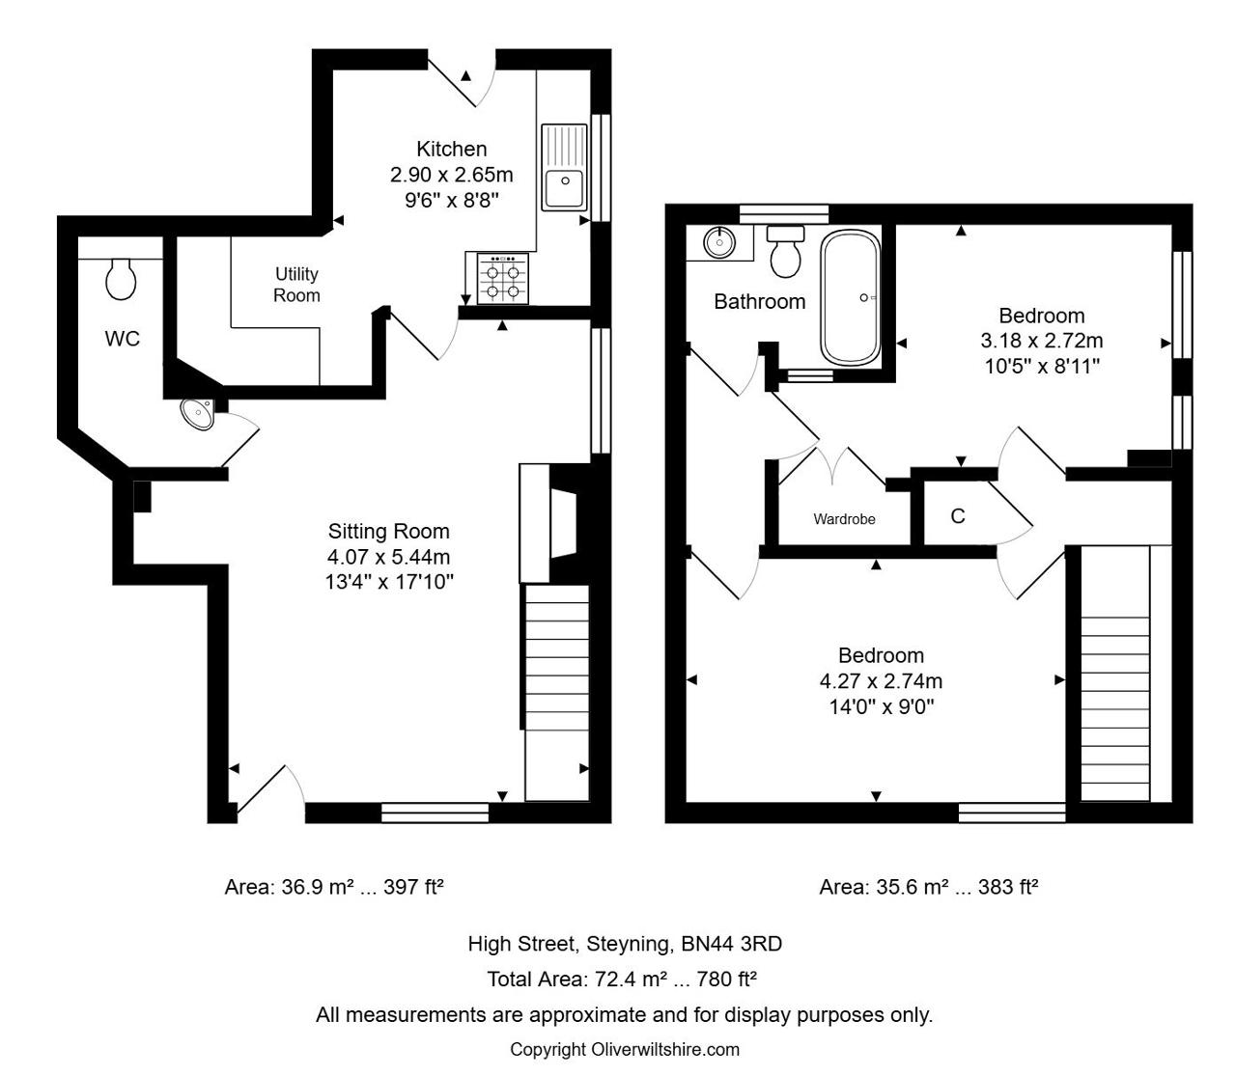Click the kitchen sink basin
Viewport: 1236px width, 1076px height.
[565, 187]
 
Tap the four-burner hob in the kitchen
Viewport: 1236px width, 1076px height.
[503, 278]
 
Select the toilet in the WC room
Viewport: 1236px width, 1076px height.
[120, 279]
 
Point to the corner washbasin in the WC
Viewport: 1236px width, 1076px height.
[198, 413]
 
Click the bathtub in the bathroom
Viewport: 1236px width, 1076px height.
[850, 297]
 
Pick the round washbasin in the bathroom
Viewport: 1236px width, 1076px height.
[719, 242]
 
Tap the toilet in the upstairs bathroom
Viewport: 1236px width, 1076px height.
[785, 252]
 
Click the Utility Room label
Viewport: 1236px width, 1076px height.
[296, 285]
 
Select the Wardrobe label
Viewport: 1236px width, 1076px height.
[844, 519]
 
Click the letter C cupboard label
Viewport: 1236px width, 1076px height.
[958, 516]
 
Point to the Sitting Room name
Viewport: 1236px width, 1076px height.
[389, 531]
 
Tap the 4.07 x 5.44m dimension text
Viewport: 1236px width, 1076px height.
[388, 557]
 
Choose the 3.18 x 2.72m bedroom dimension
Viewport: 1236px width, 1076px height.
[1042, 341]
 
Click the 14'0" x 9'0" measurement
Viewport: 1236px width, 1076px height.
[882, 706]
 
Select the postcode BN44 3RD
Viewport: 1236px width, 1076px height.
[732, 943]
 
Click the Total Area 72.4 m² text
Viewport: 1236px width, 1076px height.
[622, 979]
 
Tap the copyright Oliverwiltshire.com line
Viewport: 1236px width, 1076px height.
[625, 1049]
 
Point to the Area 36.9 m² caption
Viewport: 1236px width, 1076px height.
[334, 887]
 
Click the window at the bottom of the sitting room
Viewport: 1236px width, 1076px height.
[435, 813]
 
